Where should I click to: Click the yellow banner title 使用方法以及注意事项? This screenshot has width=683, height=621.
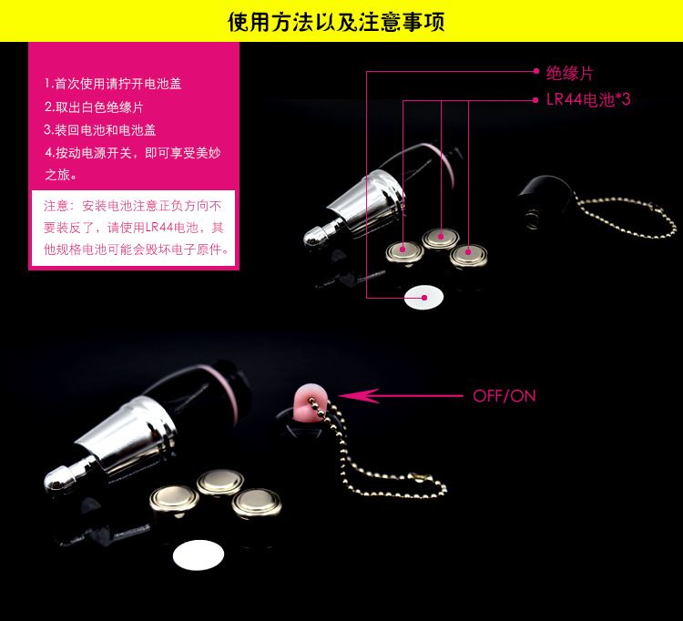336,21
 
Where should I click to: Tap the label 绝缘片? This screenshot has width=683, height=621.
570,73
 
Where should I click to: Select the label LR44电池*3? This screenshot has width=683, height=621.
588,100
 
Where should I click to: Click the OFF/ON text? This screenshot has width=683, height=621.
504,396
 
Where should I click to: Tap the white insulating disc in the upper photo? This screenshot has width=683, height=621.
423,297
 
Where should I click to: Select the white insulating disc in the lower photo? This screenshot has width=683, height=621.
199,555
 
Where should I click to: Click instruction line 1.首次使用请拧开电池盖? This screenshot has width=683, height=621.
113,84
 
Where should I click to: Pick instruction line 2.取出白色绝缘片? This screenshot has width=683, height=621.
94,107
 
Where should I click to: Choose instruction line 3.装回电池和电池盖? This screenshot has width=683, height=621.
100,130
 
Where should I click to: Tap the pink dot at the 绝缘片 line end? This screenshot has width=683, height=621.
536,71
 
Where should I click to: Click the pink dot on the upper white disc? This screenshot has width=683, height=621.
424,298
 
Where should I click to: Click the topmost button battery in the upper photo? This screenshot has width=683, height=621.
441,238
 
